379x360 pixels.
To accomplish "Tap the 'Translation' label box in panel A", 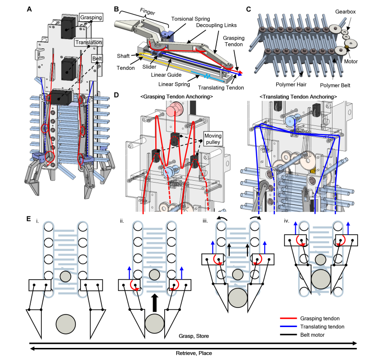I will coord(87,42).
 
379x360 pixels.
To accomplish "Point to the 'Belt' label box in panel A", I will coord(97,59).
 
